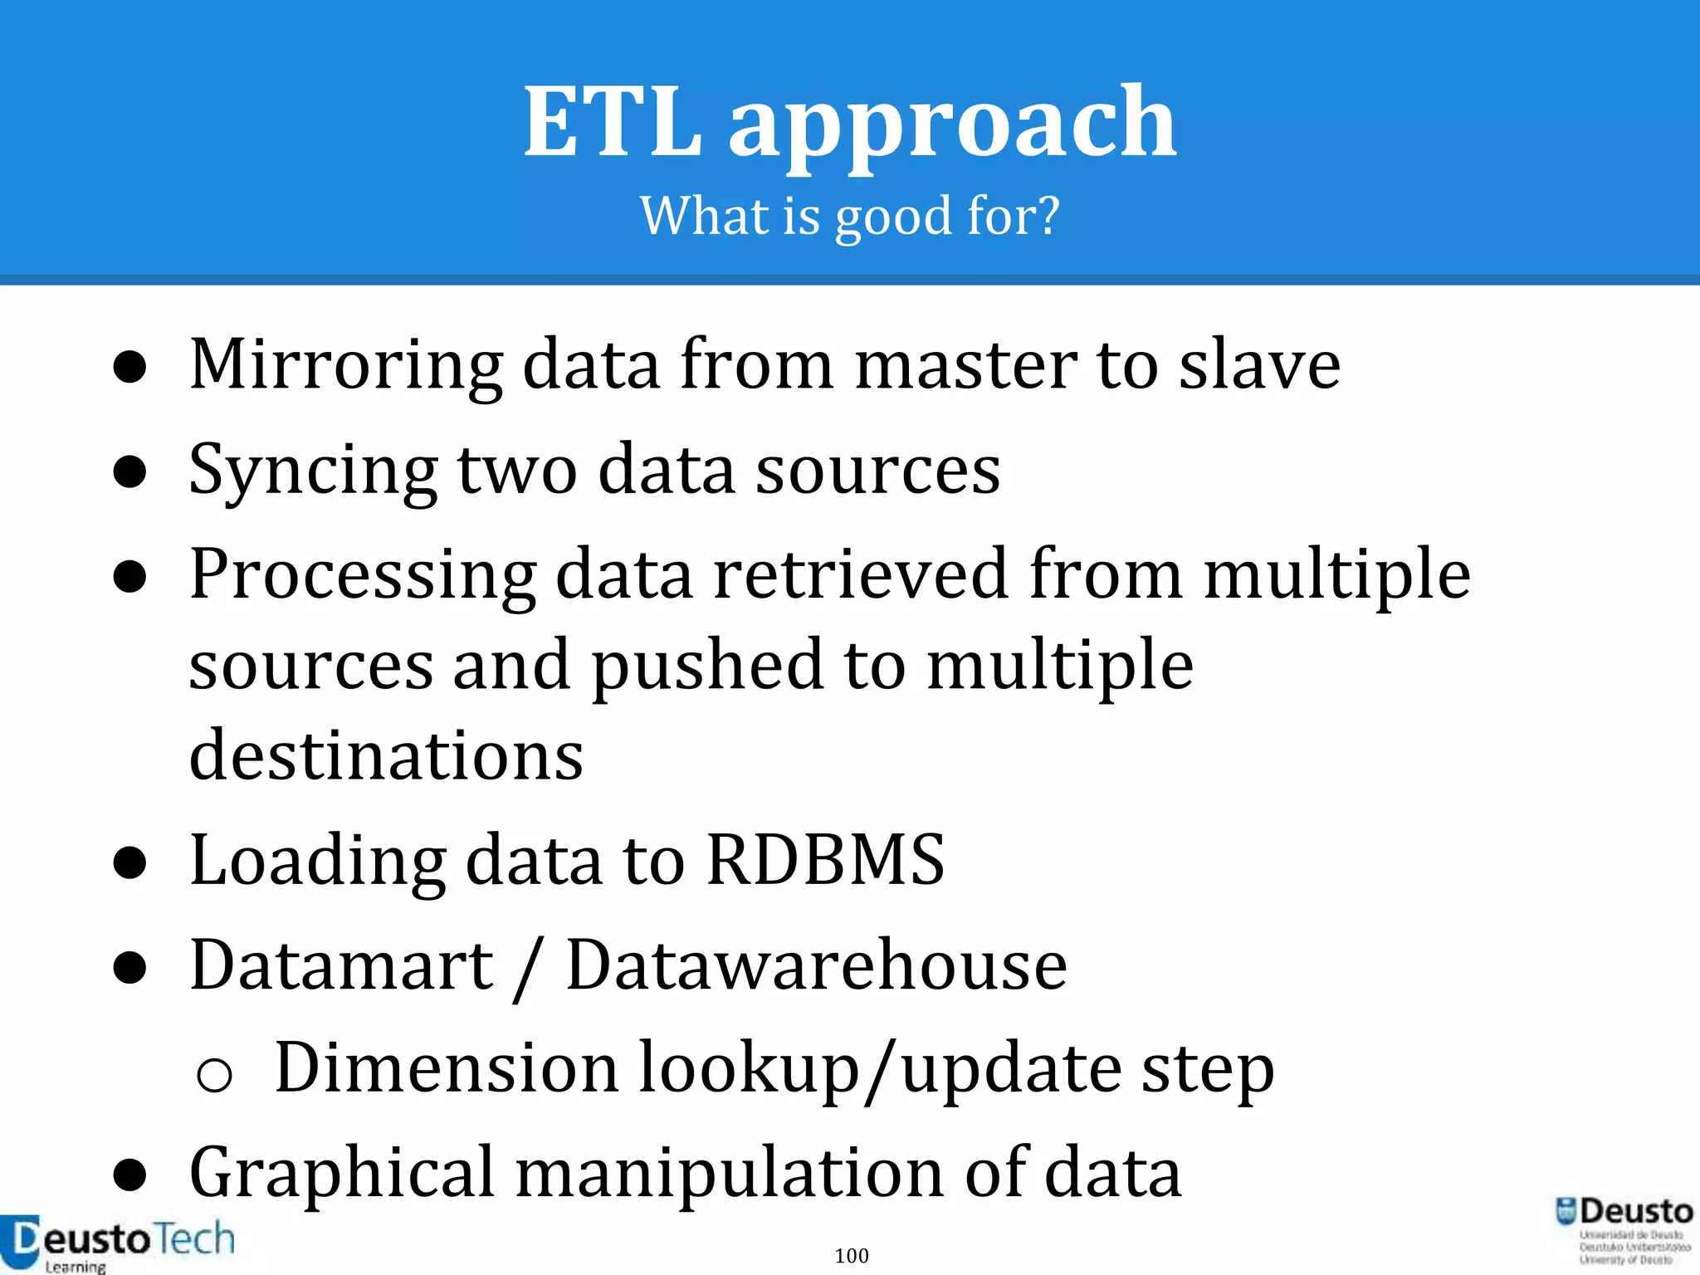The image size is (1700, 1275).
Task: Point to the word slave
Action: (1259, 365)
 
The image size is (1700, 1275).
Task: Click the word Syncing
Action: (313, 471)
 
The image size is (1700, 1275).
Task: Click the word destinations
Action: (386, 755)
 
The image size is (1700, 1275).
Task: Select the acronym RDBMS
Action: (825, 860)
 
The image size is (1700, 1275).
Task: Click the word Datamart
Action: (342, 965)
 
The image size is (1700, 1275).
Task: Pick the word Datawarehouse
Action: (816, 965)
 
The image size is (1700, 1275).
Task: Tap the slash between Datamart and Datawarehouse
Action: (528, 968)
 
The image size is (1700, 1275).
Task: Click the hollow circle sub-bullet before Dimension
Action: (214, 1074)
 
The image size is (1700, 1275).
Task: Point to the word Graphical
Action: (342, 1174)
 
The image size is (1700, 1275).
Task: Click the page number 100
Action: (852, 1255)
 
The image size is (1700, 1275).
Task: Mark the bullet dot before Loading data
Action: (130, 863)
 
